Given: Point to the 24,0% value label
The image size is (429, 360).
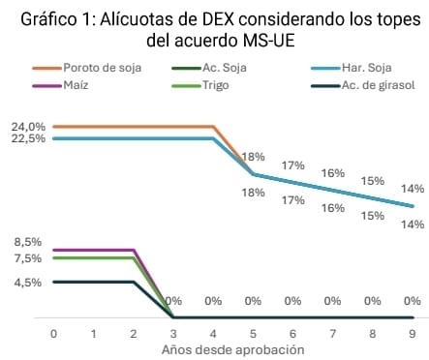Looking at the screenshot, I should [28, 127].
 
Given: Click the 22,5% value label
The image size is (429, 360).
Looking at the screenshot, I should [28, 139].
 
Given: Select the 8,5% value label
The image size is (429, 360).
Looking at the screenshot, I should [28, 242].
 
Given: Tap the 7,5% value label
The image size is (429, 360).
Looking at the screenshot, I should [28, 258].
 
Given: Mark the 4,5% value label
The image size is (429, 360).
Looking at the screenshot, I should [28, 283].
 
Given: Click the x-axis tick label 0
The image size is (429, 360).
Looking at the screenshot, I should [53, 332].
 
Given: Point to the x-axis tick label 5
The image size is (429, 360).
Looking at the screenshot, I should [253, 332].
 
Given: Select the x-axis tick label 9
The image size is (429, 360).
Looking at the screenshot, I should [413, 332].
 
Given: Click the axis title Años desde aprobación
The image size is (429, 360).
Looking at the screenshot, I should [232, 348].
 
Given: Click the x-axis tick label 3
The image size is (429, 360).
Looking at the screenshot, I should [173, 332].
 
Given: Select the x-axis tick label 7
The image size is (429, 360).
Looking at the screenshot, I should [332, 332].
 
